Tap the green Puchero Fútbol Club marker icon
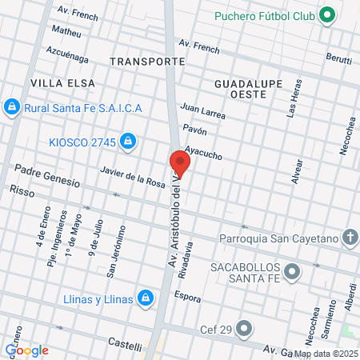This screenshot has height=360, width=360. click(x=326, y=15)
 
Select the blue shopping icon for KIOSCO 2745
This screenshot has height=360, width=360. click(x=127, y=142)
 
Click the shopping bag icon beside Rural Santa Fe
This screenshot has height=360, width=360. click(x=11, y=106)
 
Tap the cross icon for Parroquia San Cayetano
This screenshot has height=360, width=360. click(x=349, y=237)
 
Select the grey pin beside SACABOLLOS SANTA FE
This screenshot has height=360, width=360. click(x=294, y=272)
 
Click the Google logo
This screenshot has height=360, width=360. click(x=27, y=350)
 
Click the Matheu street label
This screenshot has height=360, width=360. click(x=66, y=32)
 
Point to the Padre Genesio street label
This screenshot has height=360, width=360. click(x=47, y=176)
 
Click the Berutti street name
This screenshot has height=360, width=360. click(x=339, y=58)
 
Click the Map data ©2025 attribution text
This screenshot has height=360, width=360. click(x=326, y=353)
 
